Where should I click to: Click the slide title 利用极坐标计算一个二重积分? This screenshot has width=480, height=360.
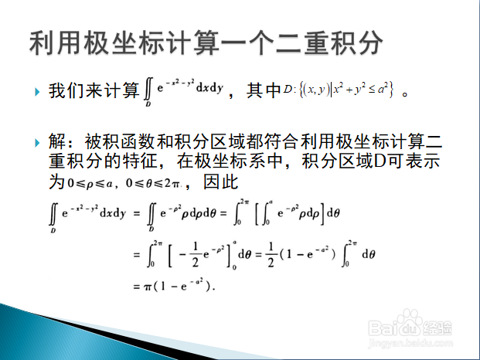tap(206, 42)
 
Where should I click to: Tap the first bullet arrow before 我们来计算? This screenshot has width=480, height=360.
tap(37, 91)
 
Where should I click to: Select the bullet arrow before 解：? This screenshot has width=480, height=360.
tap(37, 142)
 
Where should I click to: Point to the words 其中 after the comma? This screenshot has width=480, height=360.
tap(264, 90)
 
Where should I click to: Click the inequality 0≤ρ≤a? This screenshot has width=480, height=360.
tap(90, 183)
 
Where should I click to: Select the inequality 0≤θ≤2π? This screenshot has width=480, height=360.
tap(152, 183)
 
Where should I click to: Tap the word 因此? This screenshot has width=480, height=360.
tap(221, 182)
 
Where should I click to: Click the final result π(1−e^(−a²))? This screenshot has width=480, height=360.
tap(179, 286)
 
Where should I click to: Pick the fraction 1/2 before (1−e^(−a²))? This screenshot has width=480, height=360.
tap(271, 254)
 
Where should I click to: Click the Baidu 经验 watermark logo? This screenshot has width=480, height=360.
tap(410, 324)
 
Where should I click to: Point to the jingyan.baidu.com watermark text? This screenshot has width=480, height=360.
tap(410, 343)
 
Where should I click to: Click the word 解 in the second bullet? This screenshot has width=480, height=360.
tap(57, 141)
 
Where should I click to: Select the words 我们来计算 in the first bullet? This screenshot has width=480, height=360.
tap(94, 90)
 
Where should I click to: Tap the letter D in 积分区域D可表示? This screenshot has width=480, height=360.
tap(380, 161)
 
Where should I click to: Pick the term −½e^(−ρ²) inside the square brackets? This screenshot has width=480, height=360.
tap(202, 254)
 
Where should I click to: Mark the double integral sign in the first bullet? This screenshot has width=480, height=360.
tap(148, 89)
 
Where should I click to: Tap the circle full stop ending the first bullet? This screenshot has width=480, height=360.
tap(405, 94)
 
